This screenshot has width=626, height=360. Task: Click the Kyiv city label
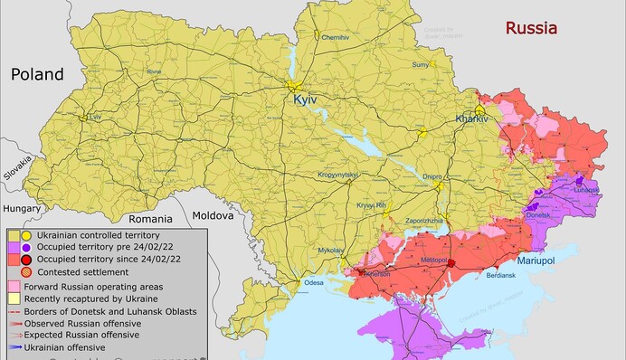click(307, 101)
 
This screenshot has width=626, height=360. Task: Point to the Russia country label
click(531, 28)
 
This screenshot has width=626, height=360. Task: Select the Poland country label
click(37, 74)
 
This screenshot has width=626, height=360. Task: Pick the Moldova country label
click(212, 215)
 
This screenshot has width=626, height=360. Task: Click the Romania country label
click(149, 218)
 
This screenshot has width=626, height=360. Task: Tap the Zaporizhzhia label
click(423, 220)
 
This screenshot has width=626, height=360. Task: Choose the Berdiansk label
click(501, 274)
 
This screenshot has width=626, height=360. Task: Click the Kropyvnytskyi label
click(339, 174)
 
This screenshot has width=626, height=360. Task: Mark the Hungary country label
click(22, 208)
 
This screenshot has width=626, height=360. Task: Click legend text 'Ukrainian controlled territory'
click(99, 235)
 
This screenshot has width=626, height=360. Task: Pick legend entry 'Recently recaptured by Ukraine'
click(90, 298)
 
